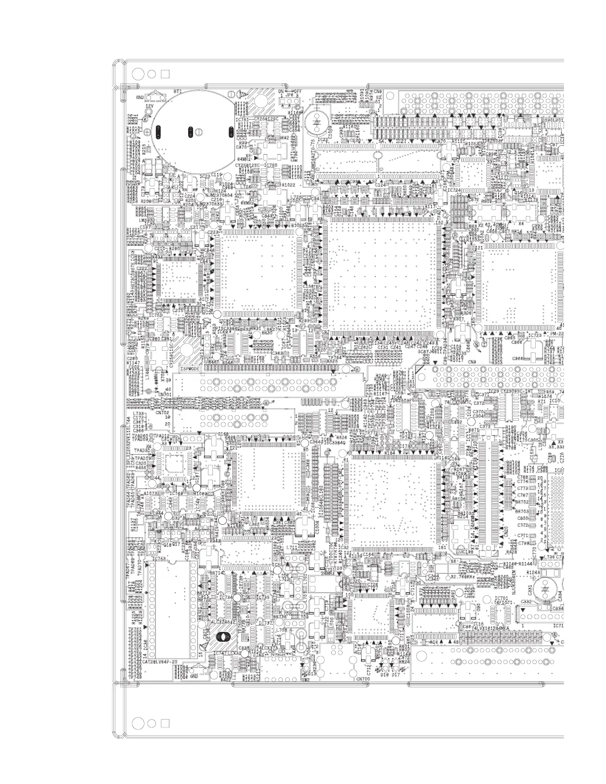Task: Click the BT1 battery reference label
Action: [177, 92]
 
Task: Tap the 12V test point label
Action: [149, 106]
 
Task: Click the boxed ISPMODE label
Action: [191, 369]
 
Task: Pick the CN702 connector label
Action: [162, 412]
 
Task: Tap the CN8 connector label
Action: [378, 92]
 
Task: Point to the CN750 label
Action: [363, 679]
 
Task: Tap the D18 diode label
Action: [385, 674]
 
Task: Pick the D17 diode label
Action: [396, 674]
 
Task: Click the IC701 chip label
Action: [501, 598]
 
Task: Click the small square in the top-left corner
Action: [165, 73]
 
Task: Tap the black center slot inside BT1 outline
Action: [190, 132]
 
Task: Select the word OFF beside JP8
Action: [297, 92]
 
